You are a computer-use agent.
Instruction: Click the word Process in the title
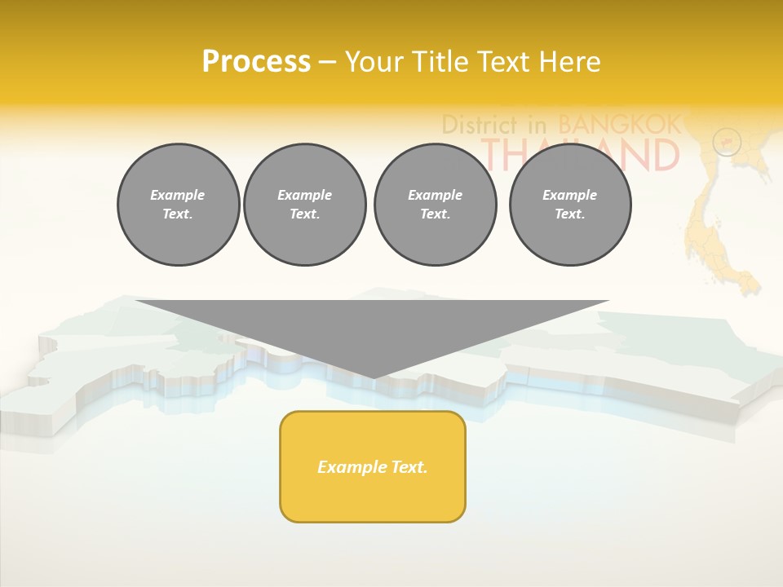pyautogui.click(x=256, y=62)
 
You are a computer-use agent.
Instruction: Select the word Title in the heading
pyautogui.click(x=442, y=62)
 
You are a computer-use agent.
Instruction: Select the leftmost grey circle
pyautogui.click(x=178, y=205)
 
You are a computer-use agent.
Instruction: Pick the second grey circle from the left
pyautogui.click(x=305, y=205)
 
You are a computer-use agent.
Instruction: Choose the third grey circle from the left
pyautogui.click(x=436, y=205)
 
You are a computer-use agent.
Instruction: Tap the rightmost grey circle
pyautogui.click(x=570, y=205)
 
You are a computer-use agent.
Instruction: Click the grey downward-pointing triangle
pyautogui.click(x=373, y=326)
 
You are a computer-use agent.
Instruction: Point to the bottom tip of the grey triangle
pyautogui.click(x=373, y=377)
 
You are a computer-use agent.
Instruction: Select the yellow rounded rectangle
pyautogui.click(x=373, y=466)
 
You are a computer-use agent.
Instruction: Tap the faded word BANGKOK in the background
pyautogui.click(x=619, y=125)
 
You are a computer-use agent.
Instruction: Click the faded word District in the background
pyautogui.click(x=480, y=125)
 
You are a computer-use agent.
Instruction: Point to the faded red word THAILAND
pyautogui.click(x=581, y=154)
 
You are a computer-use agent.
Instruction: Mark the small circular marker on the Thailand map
pyautogui.click(x=726, y=143)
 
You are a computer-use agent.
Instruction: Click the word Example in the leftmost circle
pyautogui.click(x=178, y=195)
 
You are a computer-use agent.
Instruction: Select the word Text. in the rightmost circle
pyautogui.click(x=570, y=214)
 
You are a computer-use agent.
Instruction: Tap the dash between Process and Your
pyautogui.click(x=327, y=62)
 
